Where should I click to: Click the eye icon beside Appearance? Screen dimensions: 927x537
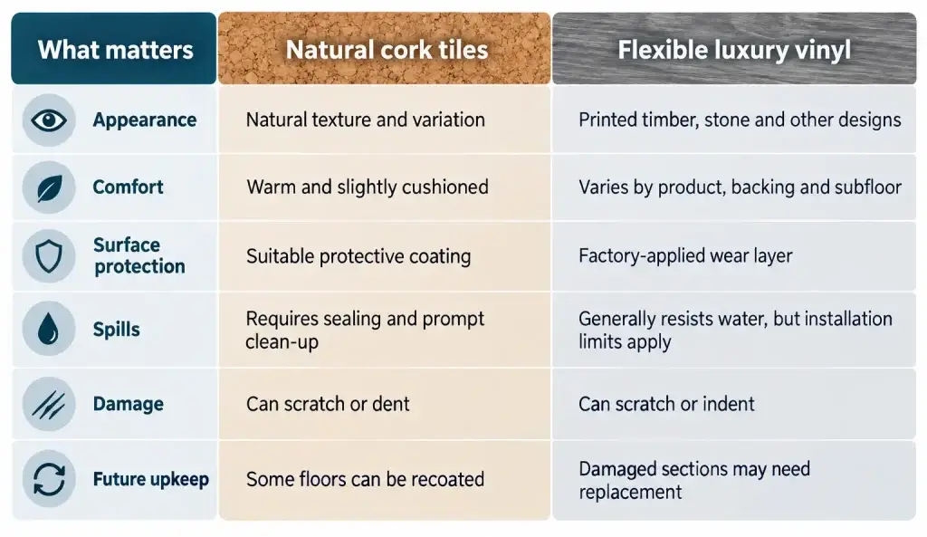[49, 120]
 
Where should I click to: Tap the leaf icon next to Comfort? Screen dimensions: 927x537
[49, 188]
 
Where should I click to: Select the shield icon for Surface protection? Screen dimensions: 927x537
[49, 256]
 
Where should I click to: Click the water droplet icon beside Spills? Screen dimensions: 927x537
[49, 328]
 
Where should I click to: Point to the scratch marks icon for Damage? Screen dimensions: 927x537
[49, 404]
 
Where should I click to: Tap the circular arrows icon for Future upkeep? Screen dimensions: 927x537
[49, 478]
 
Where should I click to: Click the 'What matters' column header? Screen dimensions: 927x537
[115, 50]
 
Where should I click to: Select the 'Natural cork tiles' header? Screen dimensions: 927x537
[387, 50]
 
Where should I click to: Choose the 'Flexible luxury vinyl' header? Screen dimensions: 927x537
[733, 51]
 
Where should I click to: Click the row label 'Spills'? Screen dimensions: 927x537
[117, 330]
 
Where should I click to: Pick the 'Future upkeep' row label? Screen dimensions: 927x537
[151, 479]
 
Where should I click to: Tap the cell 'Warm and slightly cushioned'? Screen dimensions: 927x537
[368, 187]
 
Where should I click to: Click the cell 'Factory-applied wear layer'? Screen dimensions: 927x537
[685, 255]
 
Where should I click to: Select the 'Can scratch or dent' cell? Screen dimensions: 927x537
[328, 404]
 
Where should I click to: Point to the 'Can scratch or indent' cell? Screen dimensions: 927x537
[666, 404]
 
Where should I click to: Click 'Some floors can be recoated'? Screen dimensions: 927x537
[365, 479]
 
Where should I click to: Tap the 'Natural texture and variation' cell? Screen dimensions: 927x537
[366, 120]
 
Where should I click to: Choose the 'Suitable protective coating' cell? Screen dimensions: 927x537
[358, 256]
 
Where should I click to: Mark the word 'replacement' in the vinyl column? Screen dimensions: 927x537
[630, 492]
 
